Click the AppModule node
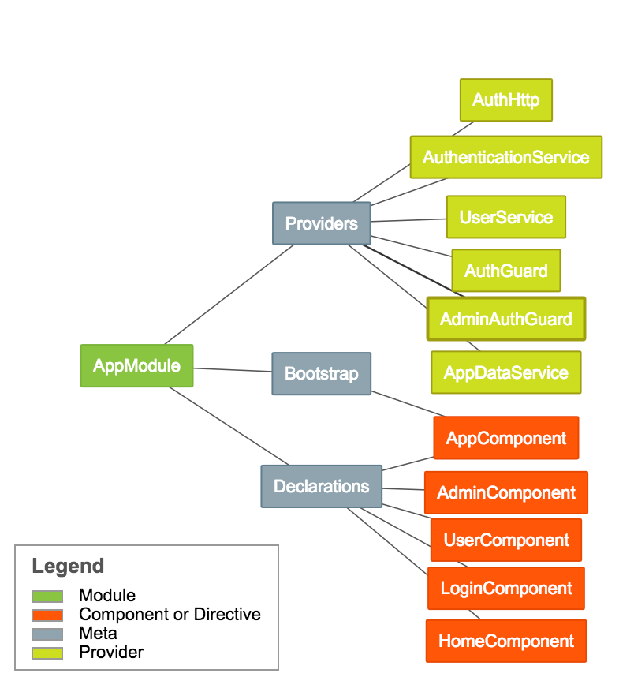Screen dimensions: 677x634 (136, 365)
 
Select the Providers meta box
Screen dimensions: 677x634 (321, 223)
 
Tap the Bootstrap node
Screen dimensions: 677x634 (321, 373)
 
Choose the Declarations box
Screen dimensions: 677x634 (321, 486)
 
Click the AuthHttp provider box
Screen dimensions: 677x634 (505, 99)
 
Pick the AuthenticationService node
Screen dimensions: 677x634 (505, 157)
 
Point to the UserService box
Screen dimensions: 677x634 (505, 217)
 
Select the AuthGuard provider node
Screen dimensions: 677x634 (505, 271)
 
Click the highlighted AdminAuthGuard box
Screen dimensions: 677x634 (505, 319)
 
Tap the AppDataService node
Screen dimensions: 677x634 (505, 372)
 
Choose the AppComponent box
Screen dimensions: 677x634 (505, 438)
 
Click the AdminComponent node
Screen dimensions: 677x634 (505, 493)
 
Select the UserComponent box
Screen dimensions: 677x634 (505, 540)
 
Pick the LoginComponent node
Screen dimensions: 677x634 (505, 588)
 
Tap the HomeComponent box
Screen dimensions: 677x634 (505, 641)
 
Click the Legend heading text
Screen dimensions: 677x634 (68, 566)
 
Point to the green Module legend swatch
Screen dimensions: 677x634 (47, 596)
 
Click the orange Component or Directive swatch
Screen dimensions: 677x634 (47, 615)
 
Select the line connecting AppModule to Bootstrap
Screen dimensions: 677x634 (233, 369)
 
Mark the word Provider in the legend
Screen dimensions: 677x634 (111, 652)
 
